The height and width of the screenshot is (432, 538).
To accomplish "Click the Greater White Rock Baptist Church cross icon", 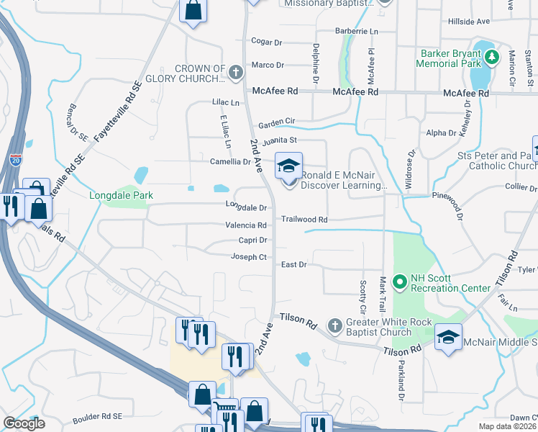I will coord(334,326).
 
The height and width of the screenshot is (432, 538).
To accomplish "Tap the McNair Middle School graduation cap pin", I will coord(448,336).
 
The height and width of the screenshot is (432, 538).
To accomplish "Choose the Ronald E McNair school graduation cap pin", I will coord(288,167).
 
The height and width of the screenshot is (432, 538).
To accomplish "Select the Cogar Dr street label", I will coord(267,42).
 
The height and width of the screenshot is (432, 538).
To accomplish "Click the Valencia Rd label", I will coord(246,225).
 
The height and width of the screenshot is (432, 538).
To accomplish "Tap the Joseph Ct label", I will coord(249,257).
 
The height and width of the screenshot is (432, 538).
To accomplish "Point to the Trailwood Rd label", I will coord(304,219).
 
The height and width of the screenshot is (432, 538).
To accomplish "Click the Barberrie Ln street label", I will coord(357,32).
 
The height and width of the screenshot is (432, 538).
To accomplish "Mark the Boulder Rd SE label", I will coord(98,416).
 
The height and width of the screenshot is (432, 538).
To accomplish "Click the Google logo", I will coord(24,423).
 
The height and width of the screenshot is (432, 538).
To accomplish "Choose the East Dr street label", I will coord(293,265).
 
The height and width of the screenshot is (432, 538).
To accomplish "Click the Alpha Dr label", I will coord(442,133).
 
